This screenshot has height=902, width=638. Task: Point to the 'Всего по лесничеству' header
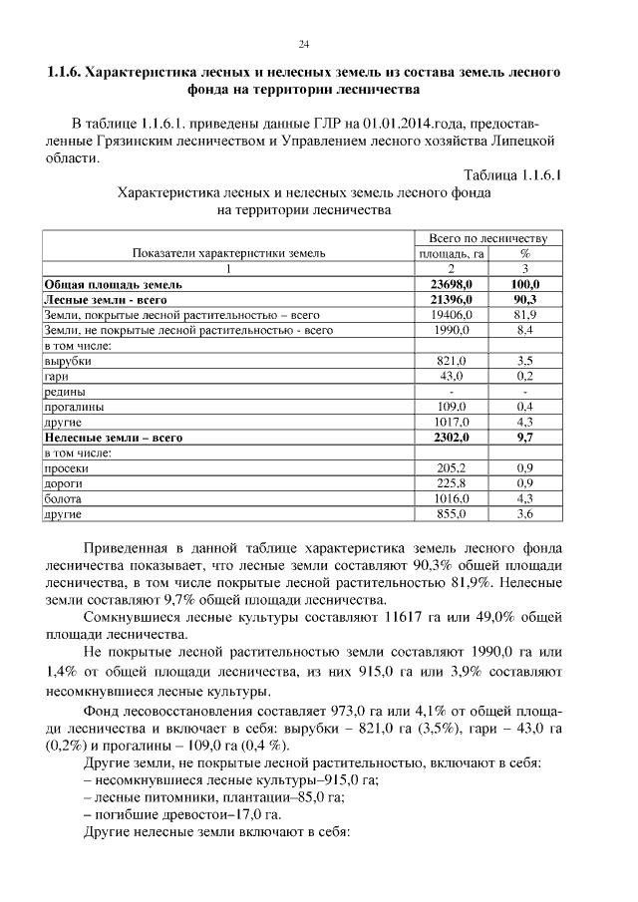tap(488, 239)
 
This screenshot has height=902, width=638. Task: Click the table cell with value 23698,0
tap(451, 284)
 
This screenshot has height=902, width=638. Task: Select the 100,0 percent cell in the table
tap(525, 284)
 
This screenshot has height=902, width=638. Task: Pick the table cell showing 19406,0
tap(451, 314)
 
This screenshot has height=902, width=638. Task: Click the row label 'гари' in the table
tap(55, 376)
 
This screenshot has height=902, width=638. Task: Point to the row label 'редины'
tap(62, 392)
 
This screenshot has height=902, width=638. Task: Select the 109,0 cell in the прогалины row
tap(451, 407)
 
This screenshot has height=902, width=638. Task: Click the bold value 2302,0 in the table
tap(451, 437)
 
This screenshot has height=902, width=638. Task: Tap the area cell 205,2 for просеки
tap(451, 467)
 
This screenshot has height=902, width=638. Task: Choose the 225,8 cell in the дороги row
tap(451, 482)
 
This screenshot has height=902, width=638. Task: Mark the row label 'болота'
tap(62, 498)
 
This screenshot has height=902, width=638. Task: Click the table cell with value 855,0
tap(451, 513)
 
